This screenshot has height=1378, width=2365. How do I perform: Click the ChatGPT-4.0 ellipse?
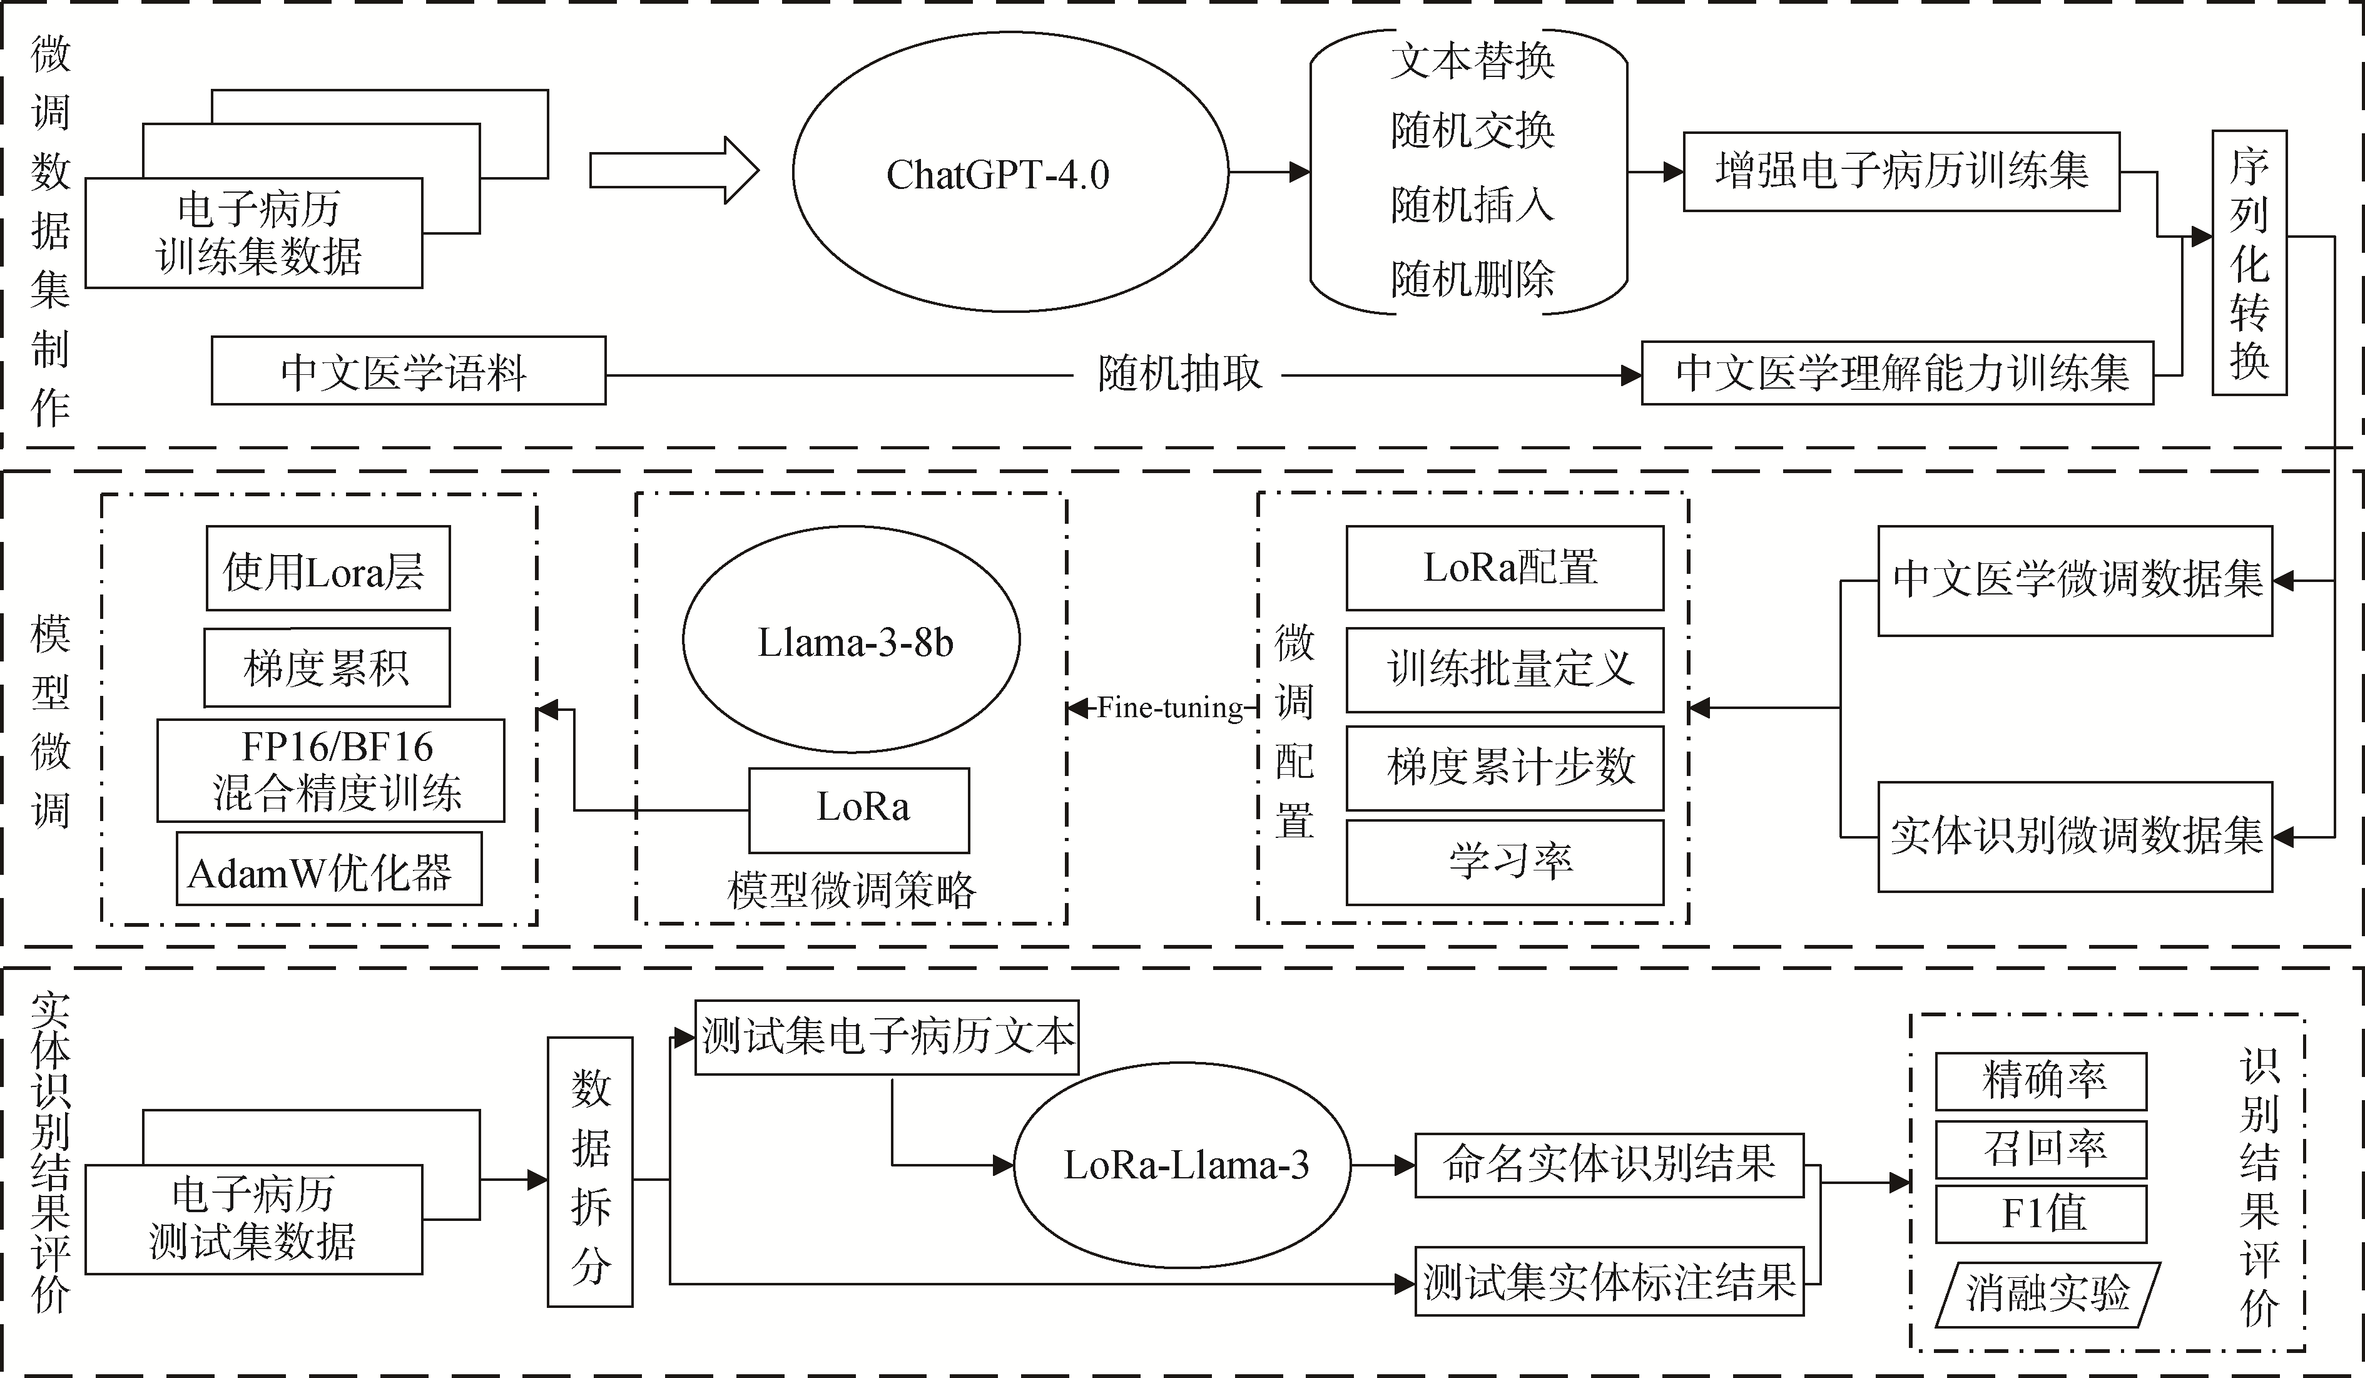pos(1010,173)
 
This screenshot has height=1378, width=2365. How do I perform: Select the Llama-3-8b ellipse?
pos(851,641)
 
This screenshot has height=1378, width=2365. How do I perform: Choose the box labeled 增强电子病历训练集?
pos(1901,171)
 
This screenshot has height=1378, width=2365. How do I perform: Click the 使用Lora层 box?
pos(328,569)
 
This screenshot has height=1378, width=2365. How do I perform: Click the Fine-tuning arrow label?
pos(1169,708)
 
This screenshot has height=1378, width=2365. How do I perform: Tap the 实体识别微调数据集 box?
pos(2074,836)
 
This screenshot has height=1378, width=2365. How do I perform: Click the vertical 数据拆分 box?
pos(591,1171)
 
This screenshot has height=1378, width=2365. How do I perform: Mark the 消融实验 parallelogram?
pos(2047,1294)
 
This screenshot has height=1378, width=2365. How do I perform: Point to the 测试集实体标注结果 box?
pos(1609,1282)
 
